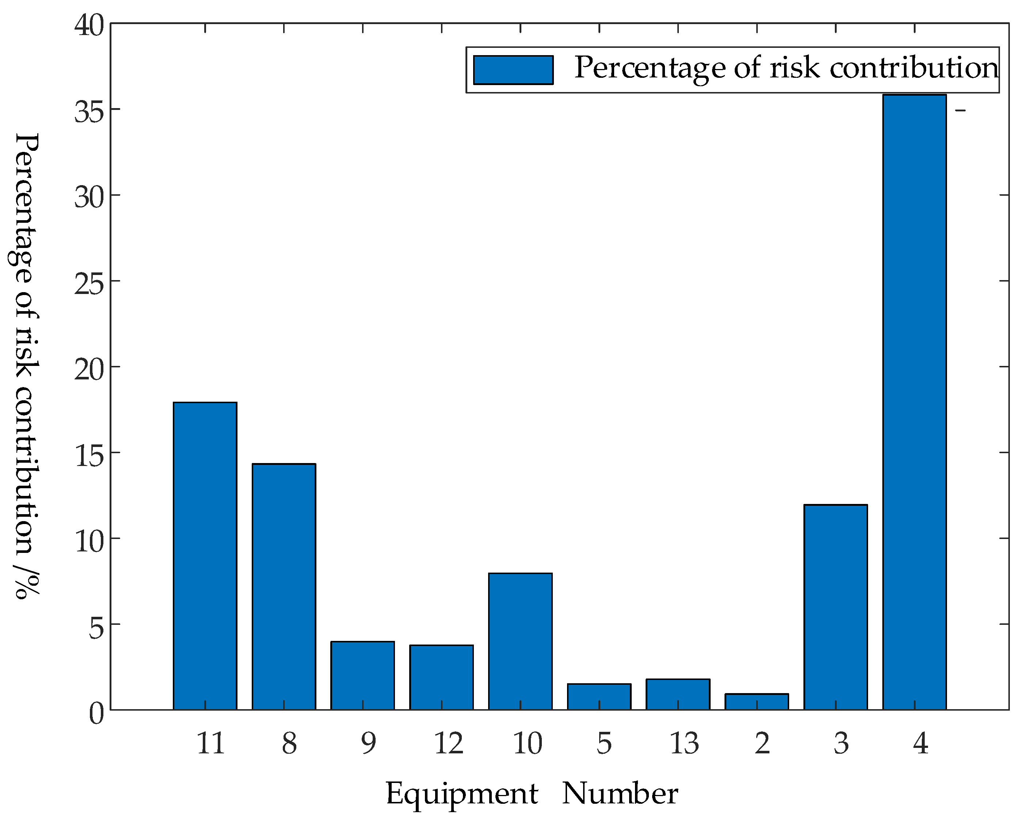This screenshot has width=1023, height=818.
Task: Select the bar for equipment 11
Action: point(205,556)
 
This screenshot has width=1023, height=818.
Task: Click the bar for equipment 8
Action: point(284,586)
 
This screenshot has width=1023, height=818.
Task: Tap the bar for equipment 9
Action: point(362,675)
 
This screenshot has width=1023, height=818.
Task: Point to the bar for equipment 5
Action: point(599,697)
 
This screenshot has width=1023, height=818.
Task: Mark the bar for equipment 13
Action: point(678,694)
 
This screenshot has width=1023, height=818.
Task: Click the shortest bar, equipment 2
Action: point(757,702)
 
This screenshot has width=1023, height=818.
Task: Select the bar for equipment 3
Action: point(836,607)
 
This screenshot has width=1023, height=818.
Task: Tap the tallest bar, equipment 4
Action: point(914,402)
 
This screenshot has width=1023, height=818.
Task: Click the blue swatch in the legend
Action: point(513,70)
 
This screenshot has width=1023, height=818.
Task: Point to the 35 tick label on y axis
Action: point(89,113)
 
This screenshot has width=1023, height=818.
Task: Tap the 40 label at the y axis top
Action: point(89,26)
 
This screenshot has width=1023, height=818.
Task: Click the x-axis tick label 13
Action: point(684,743)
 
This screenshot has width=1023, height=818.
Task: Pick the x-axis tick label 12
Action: point(448,743)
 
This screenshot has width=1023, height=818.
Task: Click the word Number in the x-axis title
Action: point(620,793)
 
